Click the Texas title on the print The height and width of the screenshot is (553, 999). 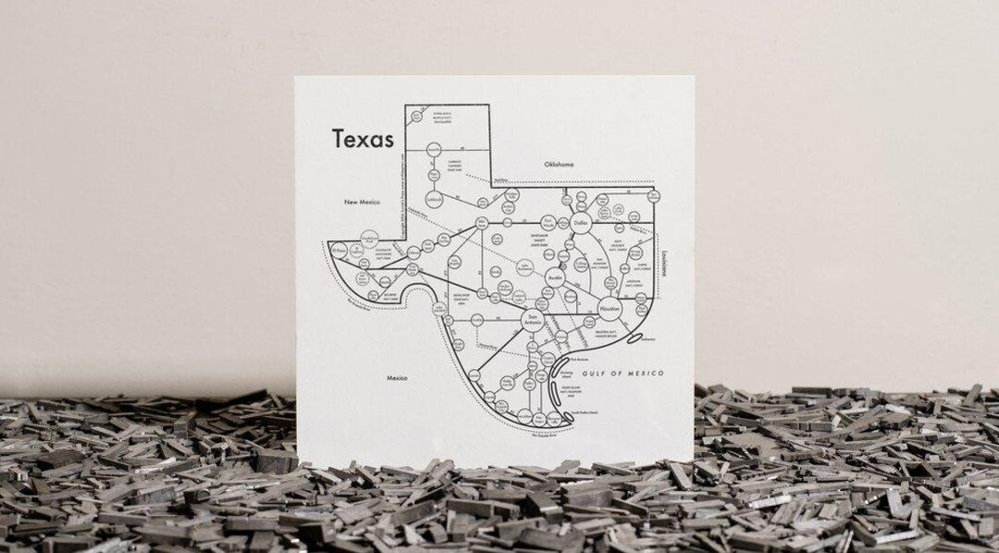pos(364,139)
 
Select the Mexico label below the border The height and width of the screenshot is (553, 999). pos(398,377)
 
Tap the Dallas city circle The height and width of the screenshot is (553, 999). pos(581,223)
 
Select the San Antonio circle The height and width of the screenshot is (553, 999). pos(531,321)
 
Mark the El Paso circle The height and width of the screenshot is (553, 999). pos(339,250)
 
